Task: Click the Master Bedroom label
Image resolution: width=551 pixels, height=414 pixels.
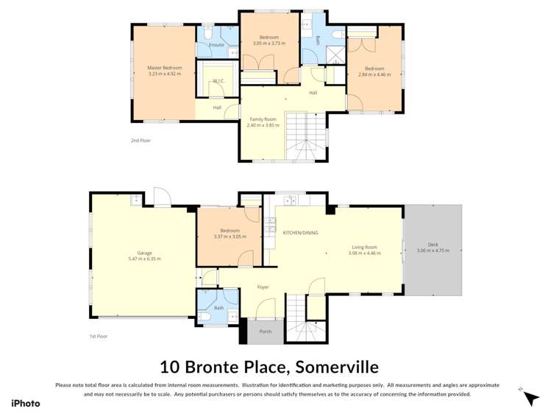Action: [164, 68]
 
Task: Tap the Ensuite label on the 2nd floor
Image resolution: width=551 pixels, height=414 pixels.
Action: [216, 45]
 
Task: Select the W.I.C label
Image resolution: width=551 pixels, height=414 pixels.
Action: [218, 80]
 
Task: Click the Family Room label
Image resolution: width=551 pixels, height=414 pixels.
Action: [263, 119]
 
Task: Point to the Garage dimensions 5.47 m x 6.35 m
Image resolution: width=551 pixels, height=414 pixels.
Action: [144, 259]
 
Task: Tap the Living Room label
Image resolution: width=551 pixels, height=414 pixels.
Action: [364, 247]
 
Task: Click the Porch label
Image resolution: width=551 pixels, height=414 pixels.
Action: [266, 331]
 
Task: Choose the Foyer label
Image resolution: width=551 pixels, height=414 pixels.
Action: [263, 287]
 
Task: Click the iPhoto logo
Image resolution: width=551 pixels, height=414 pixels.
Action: [26, 403]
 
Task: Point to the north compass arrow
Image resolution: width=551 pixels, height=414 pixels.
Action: [530, 398]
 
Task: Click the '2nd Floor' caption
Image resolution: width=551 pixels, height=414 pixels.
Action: [141, 140]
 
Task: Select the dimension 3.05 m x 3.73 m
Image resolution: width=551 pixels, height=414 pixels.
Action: [269, 43]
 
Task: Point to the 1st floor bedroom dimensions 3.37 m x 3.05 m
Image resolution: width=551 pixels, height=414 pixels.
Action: [230, 236]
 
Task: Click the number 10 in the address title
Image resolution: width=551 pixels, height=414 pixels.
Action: [169, 366]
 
